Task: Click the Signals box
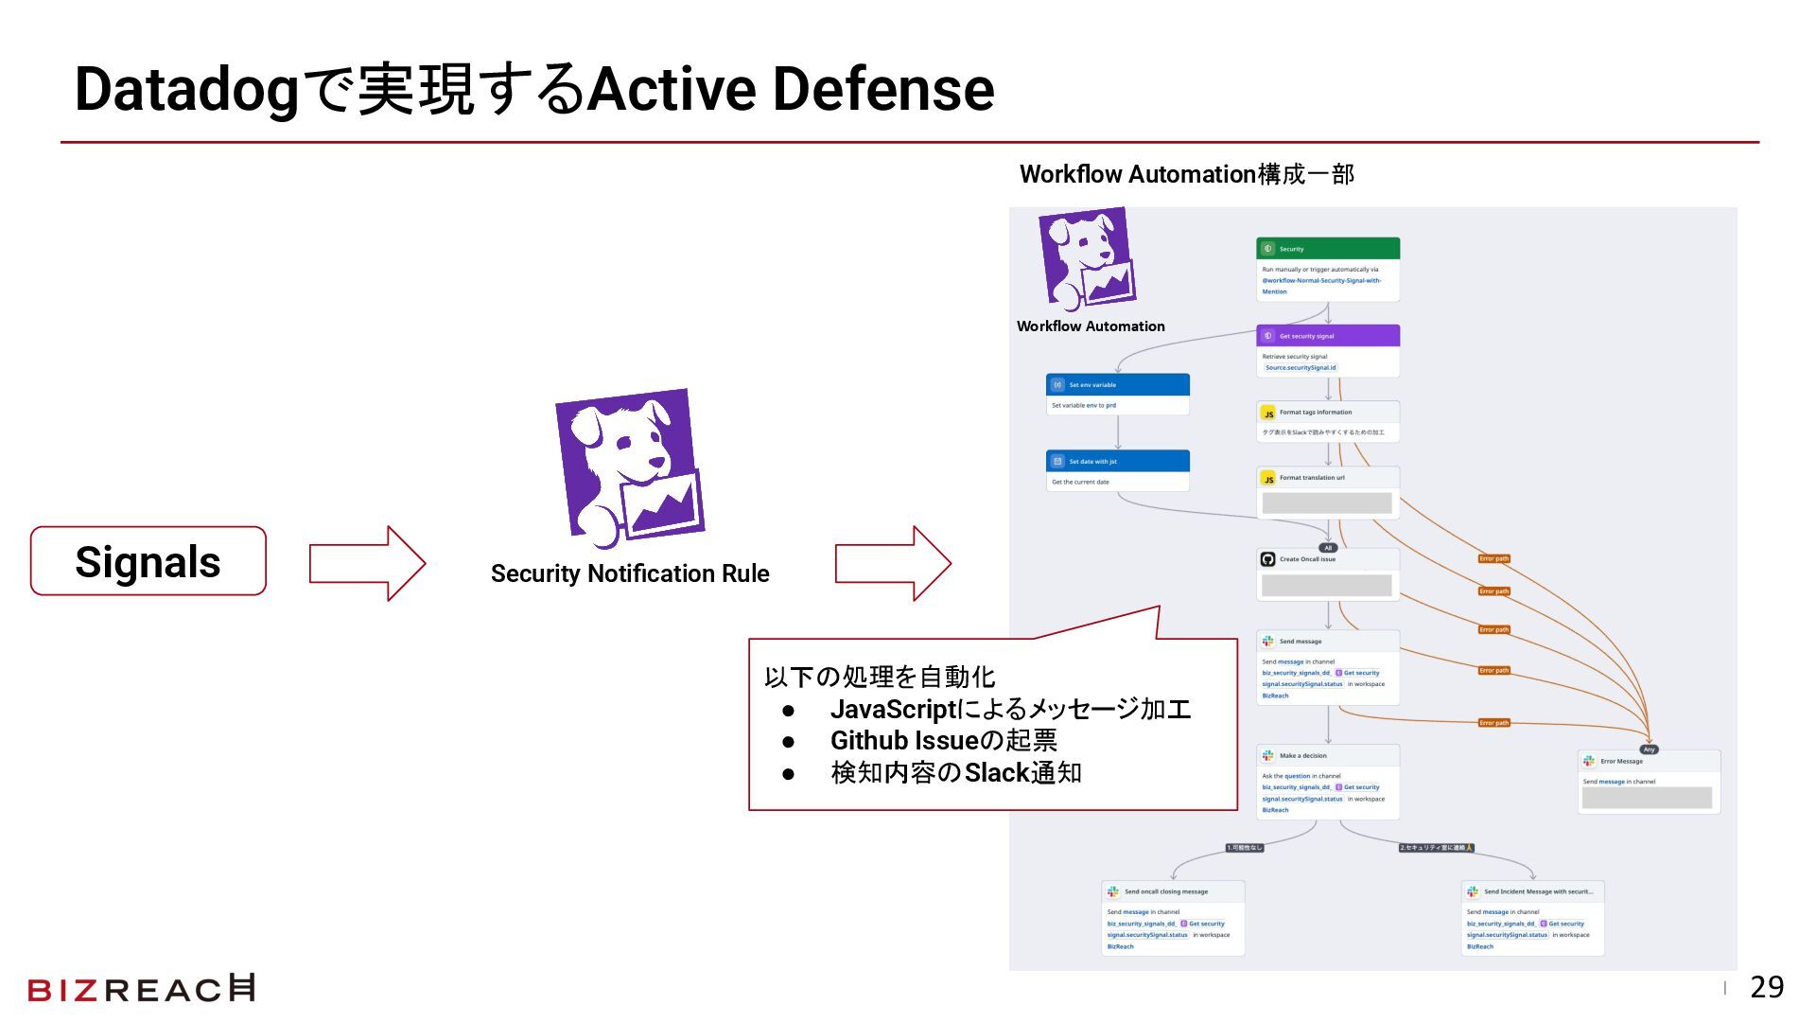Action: (x=148, y=561)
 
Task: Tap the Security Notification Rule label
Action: (x=630, y=573)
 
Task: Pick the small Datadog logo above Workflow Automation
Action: (x=1087, y=258)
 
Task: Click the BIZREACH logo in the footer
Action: (x=142, y=989)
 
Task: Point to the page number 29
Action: (x=1767, y=988)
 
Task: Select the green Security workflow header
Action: (x=1327, y=249)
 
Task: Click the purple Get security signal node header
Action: (x=1327, y=336)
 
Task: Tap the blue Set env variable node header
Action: (x=1117, y=385)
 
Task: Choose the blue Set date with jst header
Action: (x=1117, y=462)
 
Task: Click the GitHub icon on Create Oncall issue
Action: (x=1267, y=559)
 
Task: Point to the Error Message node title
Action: (x=1621, y=762)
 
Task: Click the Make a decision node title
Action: (x=1302, y=756)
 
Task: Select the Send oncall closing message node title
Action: (x=1165, y=891)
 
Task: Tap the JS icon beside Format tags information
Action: (x=1268, y=414)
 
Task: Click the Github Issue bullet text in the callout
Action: (x=943, y=741)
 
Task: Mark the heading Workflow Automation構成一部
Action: (x=1186, y=174)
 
